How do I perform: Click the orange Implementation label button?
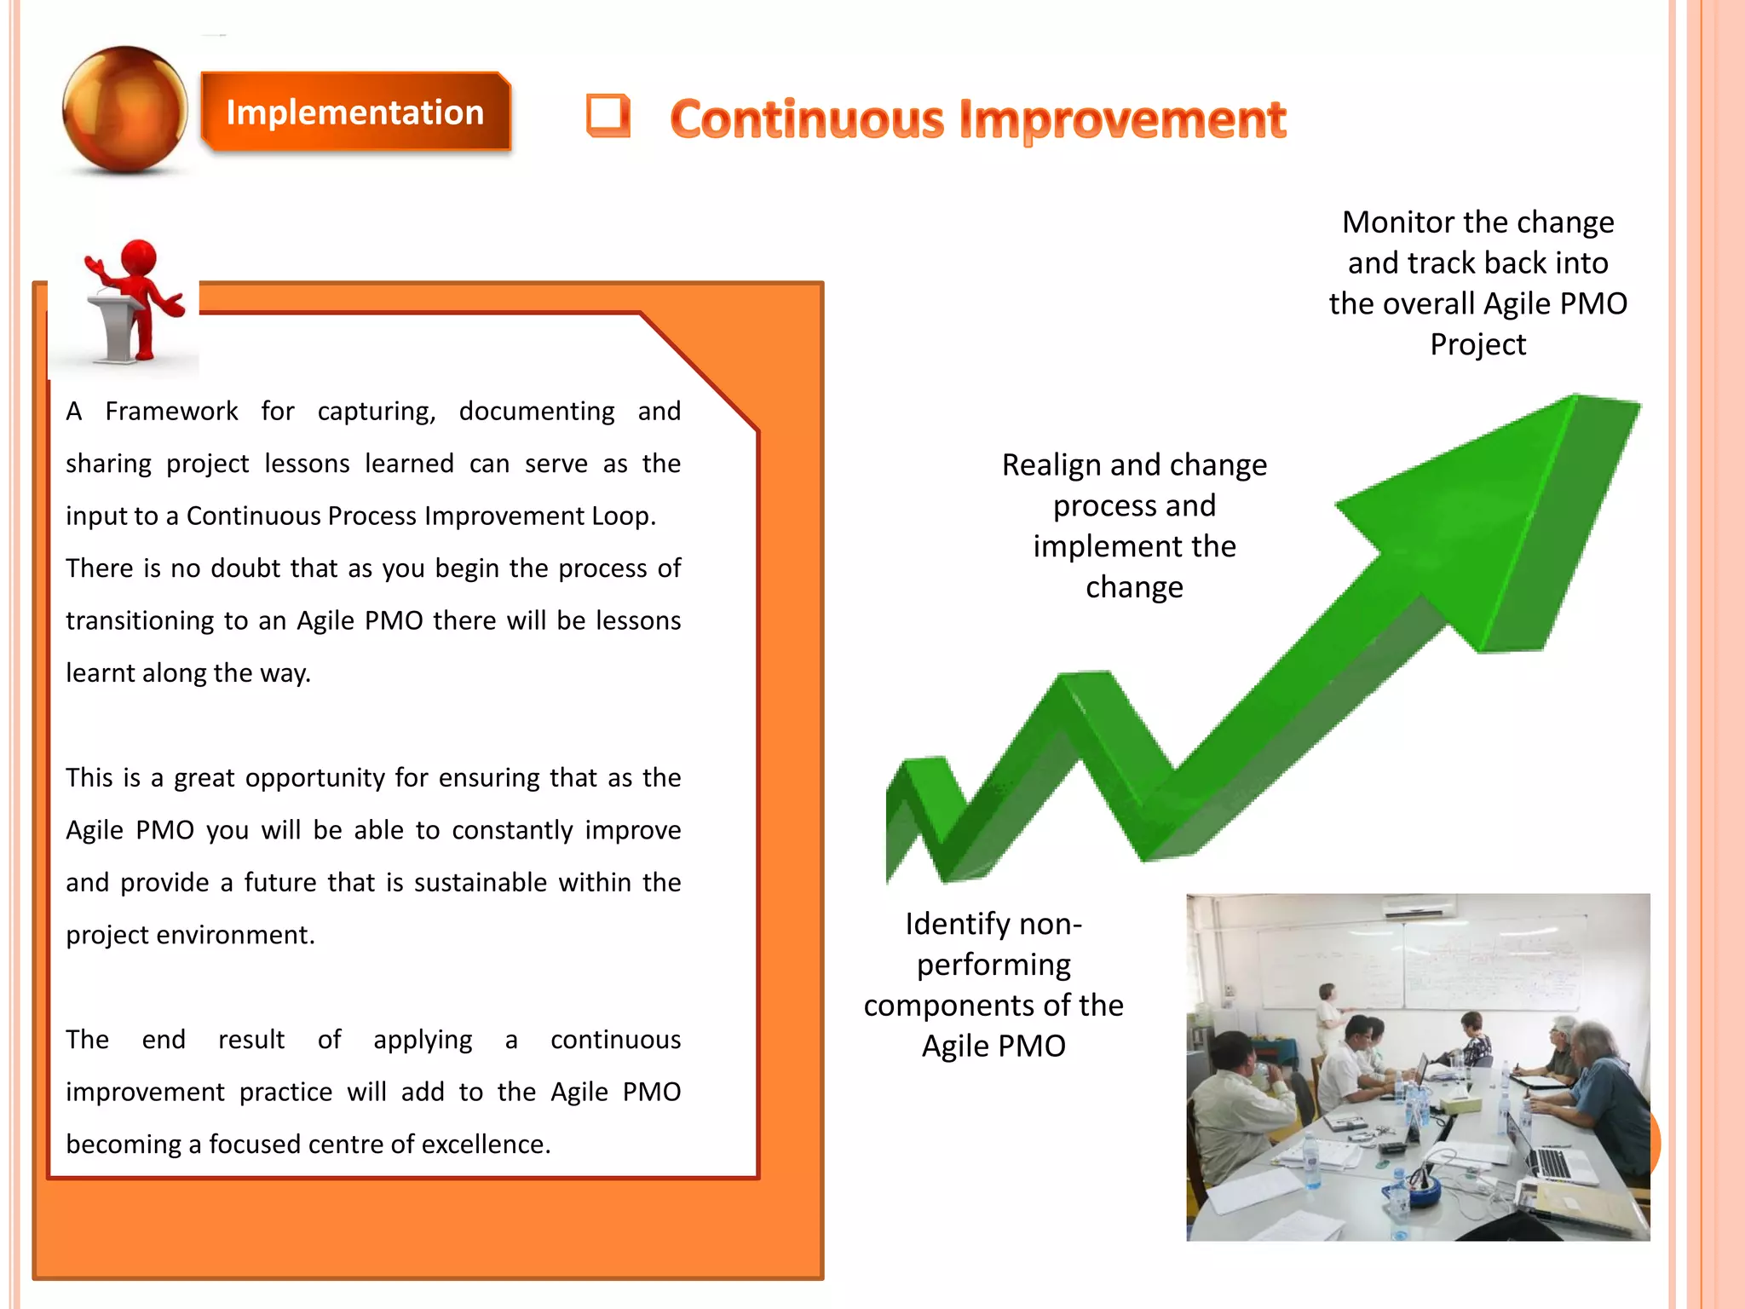point(354,112)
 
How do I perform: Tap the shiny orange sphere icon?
point(124,109)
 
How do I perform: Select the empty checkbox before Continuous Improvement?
point(608,115)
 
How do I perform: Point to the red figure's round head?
point(139,257)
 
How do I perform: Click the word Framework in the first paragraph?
point(171,412)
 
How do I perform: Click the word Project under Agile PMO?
point(1477,345)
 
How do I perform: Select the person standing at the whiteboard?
point(1327,1018)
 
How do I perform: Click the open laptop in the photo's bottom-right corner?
point(1551,1159)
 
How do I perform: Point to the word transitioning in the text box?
point(139,621)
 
